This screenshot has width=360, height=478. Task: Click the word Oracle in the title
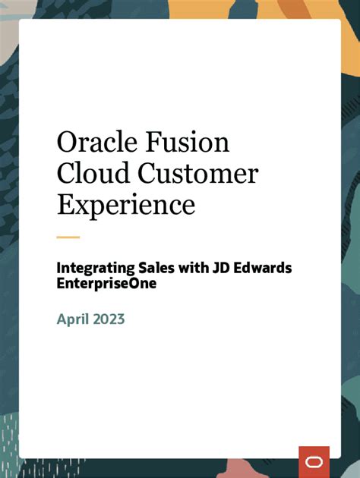(95, 143)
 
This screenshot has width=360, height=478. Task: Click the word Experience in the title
(126, 205)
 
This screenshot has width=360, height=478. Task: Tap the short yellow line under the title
(68, 237)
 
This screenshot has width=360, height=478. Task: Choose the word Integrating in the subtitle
(93, 269)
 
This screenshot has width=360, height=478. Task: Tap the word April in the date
(74, 319)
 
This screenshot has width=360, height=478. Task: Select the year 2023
(108, 319)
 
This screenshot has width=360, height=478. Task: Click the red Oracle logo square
(314, 461)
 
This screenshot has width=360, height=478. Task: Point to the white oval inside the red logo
(314, 461)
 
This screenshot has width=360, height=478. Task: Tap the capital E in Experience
(65, 205)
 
